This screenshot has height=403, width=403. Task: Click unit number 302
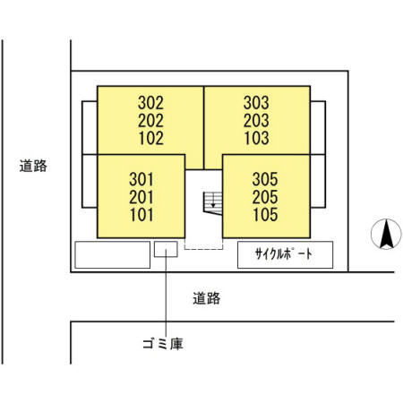point(150,103)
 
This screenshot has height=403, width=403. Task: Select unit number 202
point(150,121)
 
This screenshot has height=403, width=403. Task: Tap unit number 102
point(151,138)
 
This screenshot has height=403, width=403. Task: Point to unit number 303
point(256,103)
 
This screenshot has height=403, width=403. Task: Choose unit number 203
point(256,120)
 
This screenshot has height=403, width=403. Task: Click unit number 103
point(257,138)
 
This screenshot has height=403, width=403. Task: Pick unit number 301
point(141,179)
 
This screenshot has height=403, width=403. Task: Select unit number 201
point(141,197)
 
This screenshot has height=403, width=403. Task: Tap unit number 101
point(141,215)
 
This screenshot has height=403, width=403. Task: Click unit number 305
point(265,179)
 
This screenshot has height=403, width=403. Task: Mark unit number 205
point(265,197)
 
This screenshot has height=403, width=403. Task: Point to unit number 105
point(265,214)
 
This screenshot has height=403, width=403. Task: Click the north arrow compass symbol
point(386,234)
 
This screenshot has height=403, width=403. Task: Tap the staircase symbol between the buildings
point(212,203)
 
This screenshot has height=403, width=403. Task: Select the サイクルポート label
point(284,254)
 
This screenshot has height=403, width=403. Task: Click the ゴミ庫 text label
point(163,344)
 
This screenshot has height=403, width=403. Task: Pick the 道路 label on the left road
point(33,166)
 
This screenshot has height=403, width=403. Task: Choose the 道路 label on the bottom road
point(207,298)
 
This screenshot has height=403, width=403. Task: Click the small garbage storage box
point(166,249)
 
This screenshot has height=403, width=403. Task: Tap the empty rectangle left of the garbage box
point(112,254)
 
